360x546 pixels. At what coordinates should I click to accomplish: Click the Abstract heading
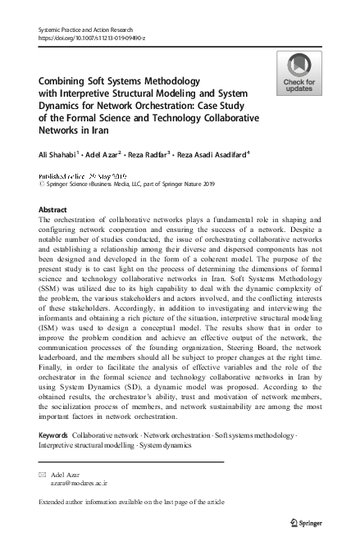click(53, 210)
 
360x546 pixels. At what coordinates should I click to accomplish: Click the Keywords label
click(53, 434)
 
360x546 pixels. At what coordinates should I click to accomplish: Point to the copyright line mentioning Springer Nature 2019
click(124, 185)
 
